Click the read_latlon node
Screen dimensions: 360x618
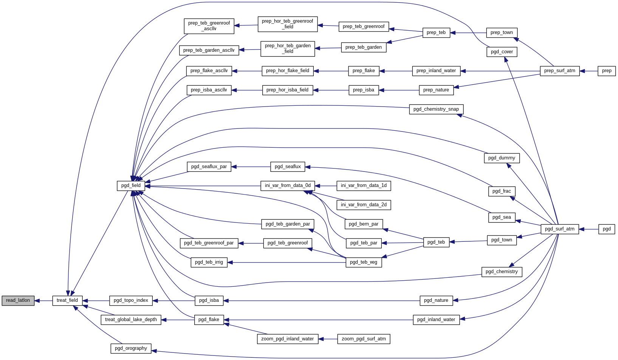coord(18,301)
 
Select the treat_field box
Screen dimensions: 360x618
coord(67,301)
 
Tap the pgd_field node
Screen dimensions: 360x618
coord(131,185)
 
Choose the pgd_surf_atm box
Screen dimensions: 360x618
coord(559,229)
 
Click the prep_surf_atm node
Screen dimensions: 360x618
coord(559,71)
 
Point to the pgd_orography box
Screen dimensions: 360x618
coord(131,348)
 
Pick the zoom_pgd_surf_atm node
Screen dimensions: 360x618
coord(364,339)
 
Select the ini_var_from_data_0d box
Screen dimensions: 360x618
coord(288,185)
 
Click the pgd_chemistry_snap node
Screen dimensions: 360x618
coord(436,109)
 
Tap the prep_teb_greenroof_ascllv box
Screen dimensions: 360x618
coord(209,26)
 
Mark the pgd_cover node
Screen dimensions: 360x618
coord(502,52)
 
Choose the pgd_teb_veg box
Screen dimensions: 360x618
coord(364,262)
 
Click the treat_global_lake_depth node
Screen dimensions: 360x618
coord(131,320)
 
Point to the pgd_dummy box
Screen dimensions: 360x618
coord(502,158)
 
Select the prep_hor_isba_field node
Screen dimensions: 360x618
coord(287,90)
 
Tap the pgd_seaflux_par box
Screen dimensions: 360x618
coord(209,167)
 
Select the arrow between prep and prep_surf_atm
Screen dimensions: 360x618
coord(589,71)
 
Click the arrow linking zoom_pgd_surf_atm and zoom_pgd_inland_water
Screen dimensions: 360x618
coord(328,339)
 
